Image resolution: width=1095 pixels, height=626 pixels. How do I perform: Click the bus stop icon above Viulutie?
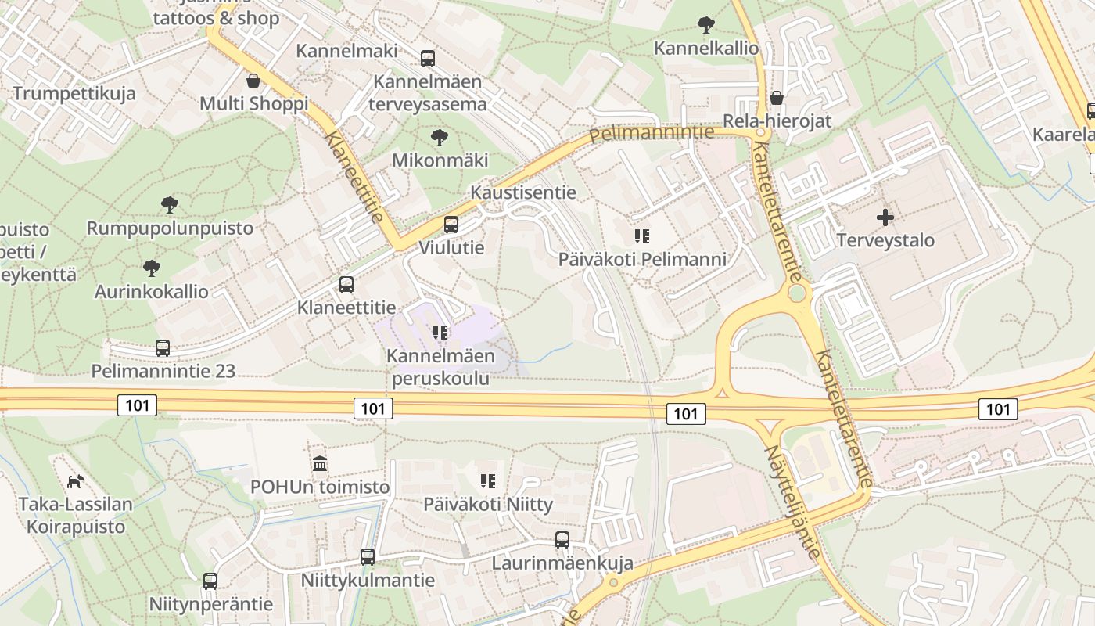tap(451, 225)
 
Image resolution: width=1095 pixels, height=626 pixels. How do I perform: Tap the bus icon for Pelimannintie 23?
tap(163, 348)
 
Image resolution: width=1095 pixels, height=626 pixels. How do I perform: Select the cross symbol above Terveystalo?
tap(885, 217)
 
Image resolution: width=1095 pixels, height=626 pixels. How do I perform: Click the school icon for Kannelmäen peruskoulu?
tap(440, 333)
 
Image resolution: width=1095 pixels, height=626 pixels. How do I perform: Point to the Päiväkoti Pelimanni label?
tap(642, 259)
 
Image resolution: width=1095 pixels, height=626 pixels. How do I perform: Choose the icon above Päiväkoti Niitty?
tap(488, 481)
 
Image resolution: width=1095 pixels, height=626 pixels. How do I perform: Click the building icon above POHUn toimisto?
tap(320, 464)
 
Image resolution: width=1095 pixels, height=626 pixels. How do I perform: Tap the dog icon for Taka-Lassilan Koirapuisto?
tap(75, 481)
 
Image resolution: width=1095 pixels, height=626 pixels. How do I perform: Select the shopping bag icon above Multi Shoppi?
tap(253, 81)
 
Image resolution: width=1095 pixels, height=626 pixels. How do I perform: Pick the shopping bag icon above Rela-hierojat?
tap(776, 98)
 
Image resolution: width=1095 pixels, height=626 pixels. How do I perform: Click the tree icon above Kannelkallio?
tap(705, 25)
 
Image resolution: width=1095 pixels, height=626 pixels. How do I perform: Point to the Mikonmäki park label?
tap(440, 160)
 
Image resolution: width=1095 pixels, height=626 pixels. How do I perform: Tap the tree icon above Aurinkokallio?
tap(152, 268)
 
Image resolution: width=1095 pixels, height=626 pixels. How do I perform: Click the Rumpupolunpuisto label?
tap(170, 228)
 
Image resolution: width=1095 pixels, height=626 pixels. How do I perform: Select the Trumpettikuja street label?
tap(74, 93)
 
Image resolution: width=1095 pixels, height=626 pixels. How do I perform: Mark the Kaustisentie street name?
tap(523, 192)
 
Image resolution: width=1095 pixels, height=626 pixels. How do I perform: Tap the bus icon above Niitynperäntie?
tap(210, 581)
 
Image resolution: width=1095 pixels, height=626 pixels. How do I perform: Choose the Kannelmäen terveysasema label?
tap(427, 92)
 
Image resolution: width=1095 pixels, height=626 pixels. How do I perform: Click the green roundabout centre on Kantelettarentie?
tap(797, 293)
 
